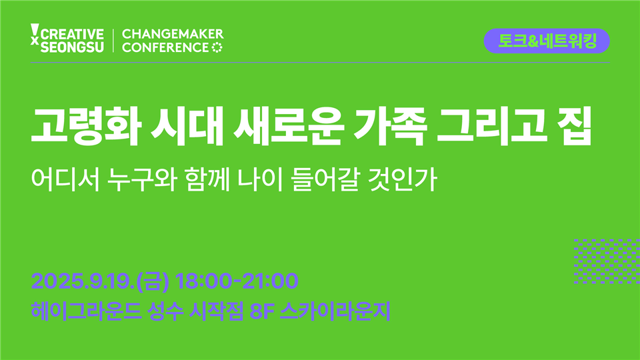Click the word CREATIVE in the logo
click(72, 34)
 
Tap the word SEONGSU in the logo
click(72, 47)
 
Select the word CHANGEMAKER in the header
click(173, 34)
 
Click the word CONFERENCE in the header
click(166, 47)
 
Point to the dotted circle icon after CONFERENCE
click(217, 47)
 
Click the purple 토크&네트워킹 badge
click(547, 41)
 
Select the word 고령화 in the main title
click(86, 126)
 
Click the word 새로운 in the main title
click(289, 126)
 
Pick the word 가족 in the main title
click(390, 126)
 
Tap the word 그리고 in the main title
click(491, 126)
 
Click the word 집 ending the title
click(575, 126)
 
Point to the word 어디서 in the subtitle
click(66, 179)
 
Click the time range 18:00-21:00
click(237, 281)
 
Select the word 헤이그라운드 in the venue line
click(86, 311)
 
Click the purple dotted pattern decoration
click(607, 261)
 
